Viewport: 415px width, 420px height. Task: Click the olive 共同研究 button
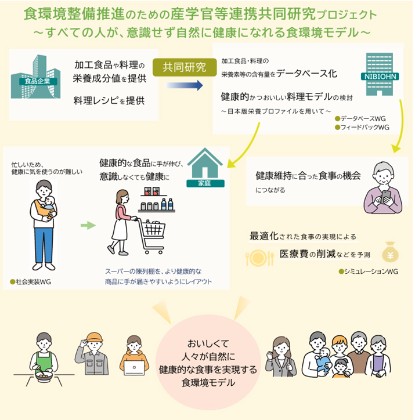point(185,67)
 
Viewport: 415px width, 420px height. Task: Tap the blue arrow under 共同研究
point(185,85)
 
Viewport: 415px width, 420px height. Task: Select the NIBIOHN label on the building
point(380,77)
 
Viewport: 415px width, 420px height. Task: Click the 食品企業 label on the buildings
point(38,81)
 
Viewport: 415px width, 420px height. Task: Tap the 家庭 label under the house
point(205,183)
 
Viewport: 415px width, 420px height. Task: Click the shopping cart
point(150,235)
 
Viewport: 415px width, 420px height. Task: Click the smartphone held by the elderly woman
point(385,197)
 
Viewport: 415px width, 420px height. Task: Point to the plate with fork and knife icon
point(259,258)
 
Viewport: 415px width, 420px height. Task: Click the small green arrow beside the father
point(88,225)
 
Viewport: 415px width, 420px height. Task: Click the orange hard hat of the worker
point(94,337)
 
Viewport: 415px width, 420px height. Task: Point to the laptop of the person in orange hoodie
point(135,368)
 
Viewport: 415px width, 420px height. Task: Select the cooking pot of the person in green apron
point(44,375)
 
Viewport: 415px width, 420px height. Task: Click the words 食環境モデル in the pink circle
point(208,383)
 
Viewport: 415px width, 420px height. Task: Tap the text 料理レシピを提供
point(109,101)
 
